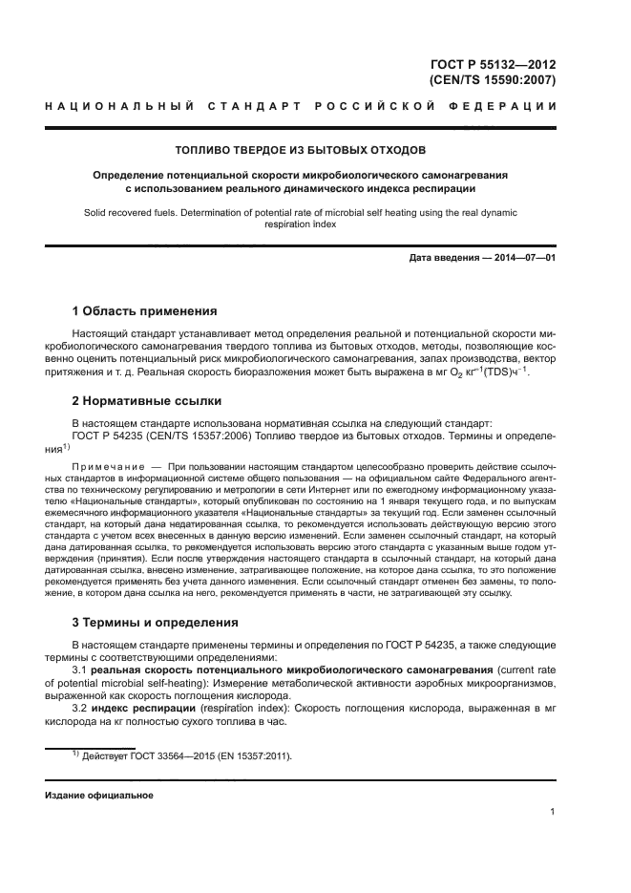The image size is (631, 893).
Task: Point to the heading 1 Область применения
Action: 145,311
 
